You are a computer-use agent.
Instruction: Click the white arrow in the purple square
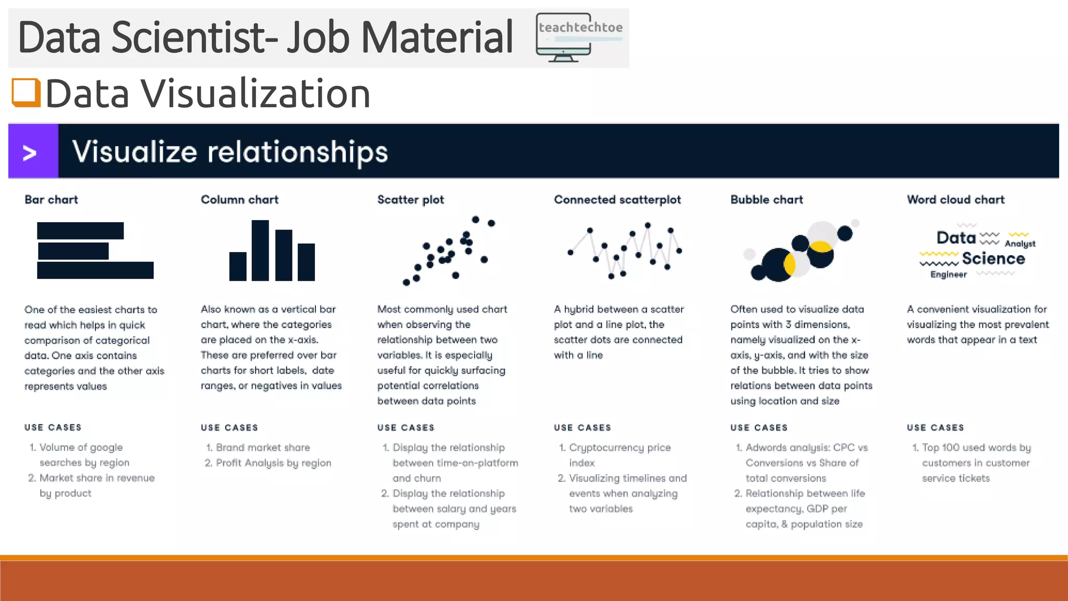[30, 153]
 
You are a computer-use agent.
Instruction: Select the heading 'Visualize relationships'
[230, 152]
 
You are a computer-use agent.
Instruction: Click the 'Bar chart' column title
[51, 200]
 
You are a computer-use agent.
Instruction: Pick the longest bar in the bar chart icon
[95, 270]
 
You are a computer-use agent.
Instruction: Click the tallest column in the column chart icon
[260, 250]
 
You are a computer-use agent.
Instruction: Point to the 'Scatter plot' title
[410, 200]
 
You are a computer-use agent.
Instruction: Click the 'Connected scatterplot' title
[617, 200]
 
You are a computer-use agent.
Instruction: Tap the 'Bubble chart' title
[767, 200]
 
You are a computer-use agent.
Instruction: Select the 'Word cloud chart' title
[955, 200]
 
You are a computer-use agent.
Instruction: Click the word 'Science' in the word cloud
[993, 259]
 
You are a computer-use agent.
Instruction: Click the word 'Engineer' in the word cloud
[948, 275]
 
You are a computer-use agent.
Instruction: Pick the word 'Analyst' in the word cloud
[1020, 244]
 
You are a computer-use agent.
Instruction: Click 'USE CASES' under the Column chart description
[229, 428]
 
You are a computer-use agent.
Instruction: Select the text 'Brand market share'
[263, 448]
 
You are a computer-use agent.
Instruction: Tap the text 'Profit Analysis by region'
[273, 463]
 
